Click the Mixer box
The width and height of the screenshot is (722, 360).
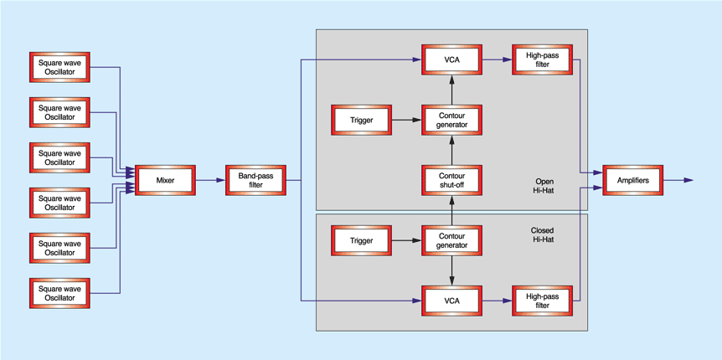pos(165,180)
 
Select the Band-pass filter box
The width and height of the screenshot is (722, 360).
pos(255,180)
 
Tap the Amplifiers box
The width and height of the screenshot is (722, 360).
pos(632,180)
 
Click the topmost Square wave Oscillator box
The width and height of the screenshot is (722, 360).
pos(59,67)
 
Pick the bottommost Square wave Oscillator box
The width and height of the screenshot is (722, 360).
pos(59,292)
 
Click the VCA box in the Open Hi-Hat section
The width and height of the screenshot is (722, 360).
pos(451,59)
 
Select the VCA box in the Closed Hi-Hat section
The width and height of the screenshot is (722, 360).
pos(451,299)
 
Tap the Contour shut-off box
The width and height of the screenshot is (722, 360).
pos(451,180)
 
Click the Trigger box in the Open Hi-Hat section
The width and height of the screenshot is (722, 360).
pos(361,120)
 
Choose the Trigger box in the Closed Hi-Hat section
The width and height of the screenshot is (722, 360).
pos(361,240)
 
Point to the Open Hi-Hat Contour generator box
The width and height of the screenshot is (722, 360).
pos(451,120)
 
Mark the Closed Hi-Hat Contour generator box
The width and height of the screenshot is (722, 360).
pos(451,240)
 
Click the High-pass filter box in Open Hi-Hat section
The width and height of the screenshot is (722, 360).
pos(542,59)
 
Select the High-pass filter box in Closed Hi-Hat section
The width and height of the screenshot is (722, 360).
pos(542,299)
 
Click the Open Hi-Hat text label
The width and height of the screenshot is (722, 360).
pos(544,186)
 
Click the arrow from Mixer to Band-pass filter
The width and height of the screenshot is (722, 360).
pos(210,180)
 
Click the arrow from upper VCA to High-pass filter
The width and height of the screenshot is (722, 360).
pos(497,59)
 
